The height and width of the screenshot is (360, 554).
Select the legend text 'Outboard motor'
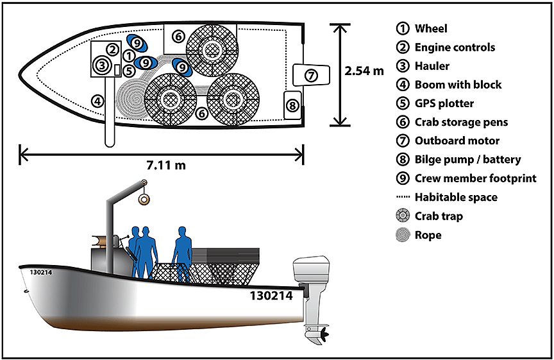point(457,141)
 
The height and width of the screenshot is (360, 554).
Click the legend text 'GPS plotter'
point(446,103)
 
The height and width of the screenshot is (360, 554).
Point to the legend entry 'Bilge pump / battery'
point(467,160)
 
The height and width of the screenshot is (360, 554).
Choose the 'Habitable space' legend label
point(456,197)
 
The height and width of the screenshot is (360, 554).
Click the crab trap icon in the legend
point(403,216)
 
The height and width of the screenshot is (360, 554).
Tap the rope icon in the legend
point(403,235)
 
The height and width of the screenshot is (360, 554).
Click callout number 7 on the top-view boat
point(310,75)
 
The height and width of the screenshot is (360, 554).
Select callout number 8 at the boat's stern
point(292,105)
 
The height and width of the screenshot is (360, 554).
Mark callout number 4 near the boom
point(97,100)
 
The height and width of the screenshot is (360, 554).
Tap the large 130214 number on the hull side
point(271,296)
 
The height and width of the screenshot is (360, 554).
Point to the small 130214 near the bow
point(41,272)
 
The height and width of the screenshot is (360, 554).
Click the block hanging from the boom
point(145,200)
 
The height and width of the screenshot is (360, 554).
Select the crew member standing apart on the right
point(183,252)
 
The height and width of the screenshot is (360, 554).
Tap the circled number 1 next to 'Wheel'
point(403,28)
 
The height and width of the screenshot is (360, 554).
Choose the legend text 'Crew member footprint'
point(475,178)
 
